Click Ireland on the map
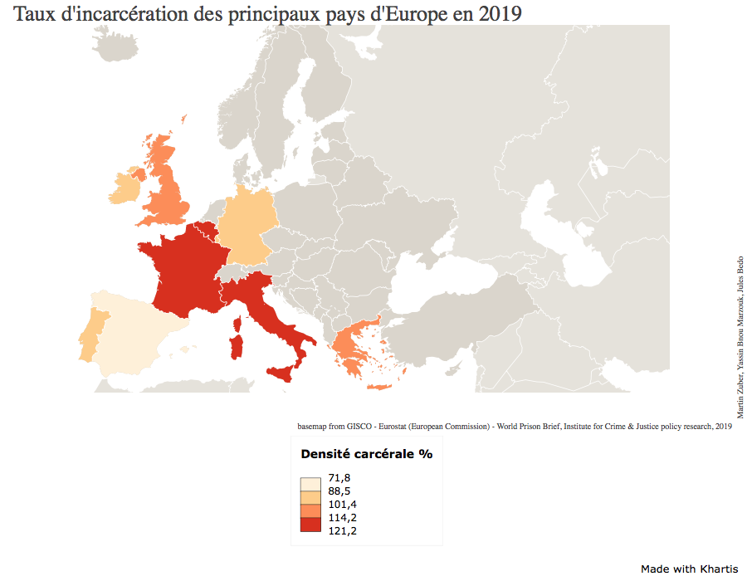point(125,186)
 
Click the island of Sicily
point(282,370)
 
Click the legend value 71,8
point(339,478)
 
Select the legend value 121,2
point(342,531)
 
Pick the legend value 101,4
point(342,505)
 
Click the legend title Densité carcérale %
point(366,454)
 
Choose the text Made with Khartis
point(689,569)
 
